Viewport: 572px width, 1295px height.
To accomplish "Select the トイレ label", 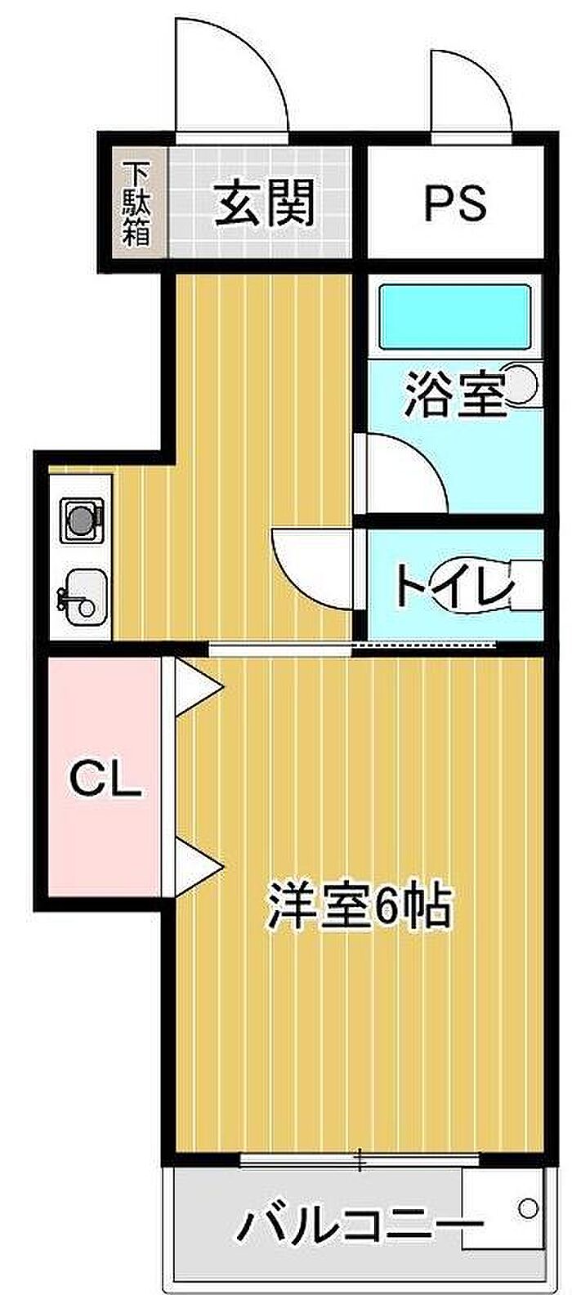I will pyautogui.click(x=454, y=585).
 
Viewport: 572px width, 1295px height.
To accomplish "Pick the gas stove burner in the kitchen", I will pyautogui.click(x=81, y=519).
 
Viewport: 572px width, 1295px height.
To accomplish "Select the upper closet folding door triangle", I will pyautogui.click(x=196, y=683).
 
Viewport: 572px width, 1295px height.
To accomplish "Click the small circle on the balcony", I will pyautogui.click(x=528, y=1205).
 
